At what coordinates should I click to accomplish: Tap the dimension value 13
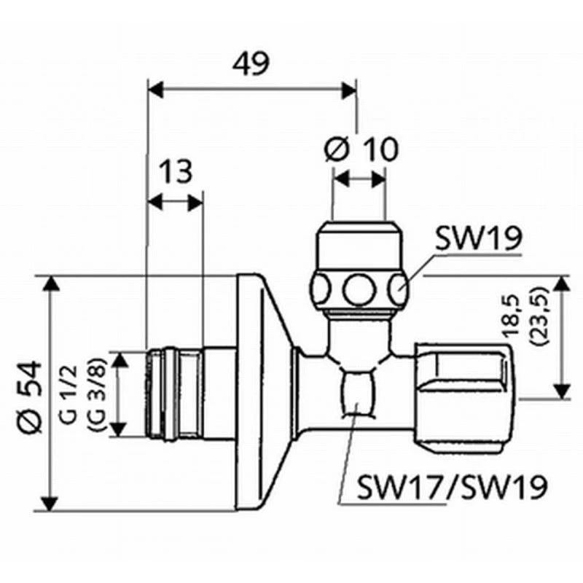176,171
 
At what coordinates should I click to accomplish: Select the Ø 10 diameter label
361,149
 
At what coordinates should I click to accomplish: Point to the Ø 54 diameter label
31,397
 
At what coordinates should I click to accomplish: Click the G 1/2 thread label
69,395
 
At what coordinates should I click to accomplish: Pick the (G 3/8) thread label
96,395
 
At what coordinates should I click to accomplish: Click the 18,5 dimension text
514,316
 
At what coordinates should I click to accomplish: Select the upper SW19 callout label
479,238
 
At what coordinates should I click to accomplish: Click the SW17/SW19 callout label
452,486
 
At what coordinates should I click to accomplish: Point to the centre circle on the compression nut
359,289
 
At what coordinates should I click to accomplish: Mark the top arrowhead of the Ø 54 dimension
51,284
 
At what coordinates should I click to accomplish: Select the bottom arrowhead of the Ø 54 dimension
51,503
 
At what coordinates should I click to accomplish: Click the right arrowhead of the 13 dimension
195,203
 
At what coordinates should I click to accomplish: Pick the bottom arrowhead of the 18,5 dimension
562,391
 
